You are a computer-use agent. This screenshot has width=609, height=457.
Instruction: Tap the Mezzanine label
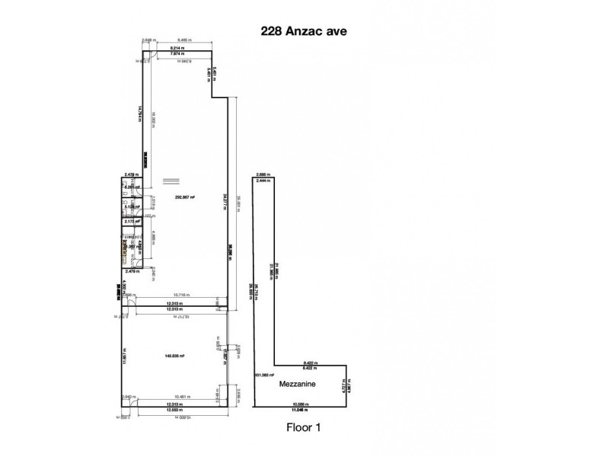[x=298, y=385]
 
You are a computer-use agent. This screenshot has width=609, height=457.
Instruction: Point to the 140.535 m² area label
[x=174, y=356]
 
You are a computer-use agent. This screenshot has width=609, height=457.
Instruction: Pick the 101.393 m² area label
[x=263, y=376]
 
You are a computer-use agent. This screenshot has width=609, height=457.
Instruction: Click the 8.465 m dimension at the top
[x=180, y=39]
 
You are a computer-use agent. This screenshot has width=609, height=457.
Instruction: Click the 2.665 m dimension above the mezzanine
[x=263, y=173]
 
